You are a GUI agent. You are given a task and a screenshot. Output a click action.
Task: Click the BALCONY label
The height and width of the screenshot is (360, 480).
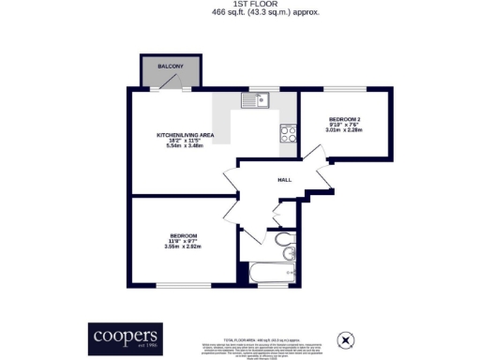tap(166, 66)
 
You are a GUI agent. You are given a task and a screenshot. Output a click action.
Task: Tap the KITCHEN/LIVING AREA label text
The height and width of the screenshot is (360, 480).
tap(186, 136)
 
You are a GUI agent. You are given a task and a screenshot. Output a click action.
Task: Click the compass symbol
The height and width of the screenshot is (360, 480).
tap(345, 338)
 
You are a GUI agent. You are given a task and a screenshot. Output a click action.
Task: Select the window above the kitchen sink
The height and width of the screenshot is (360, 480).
tap(255, 90)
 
